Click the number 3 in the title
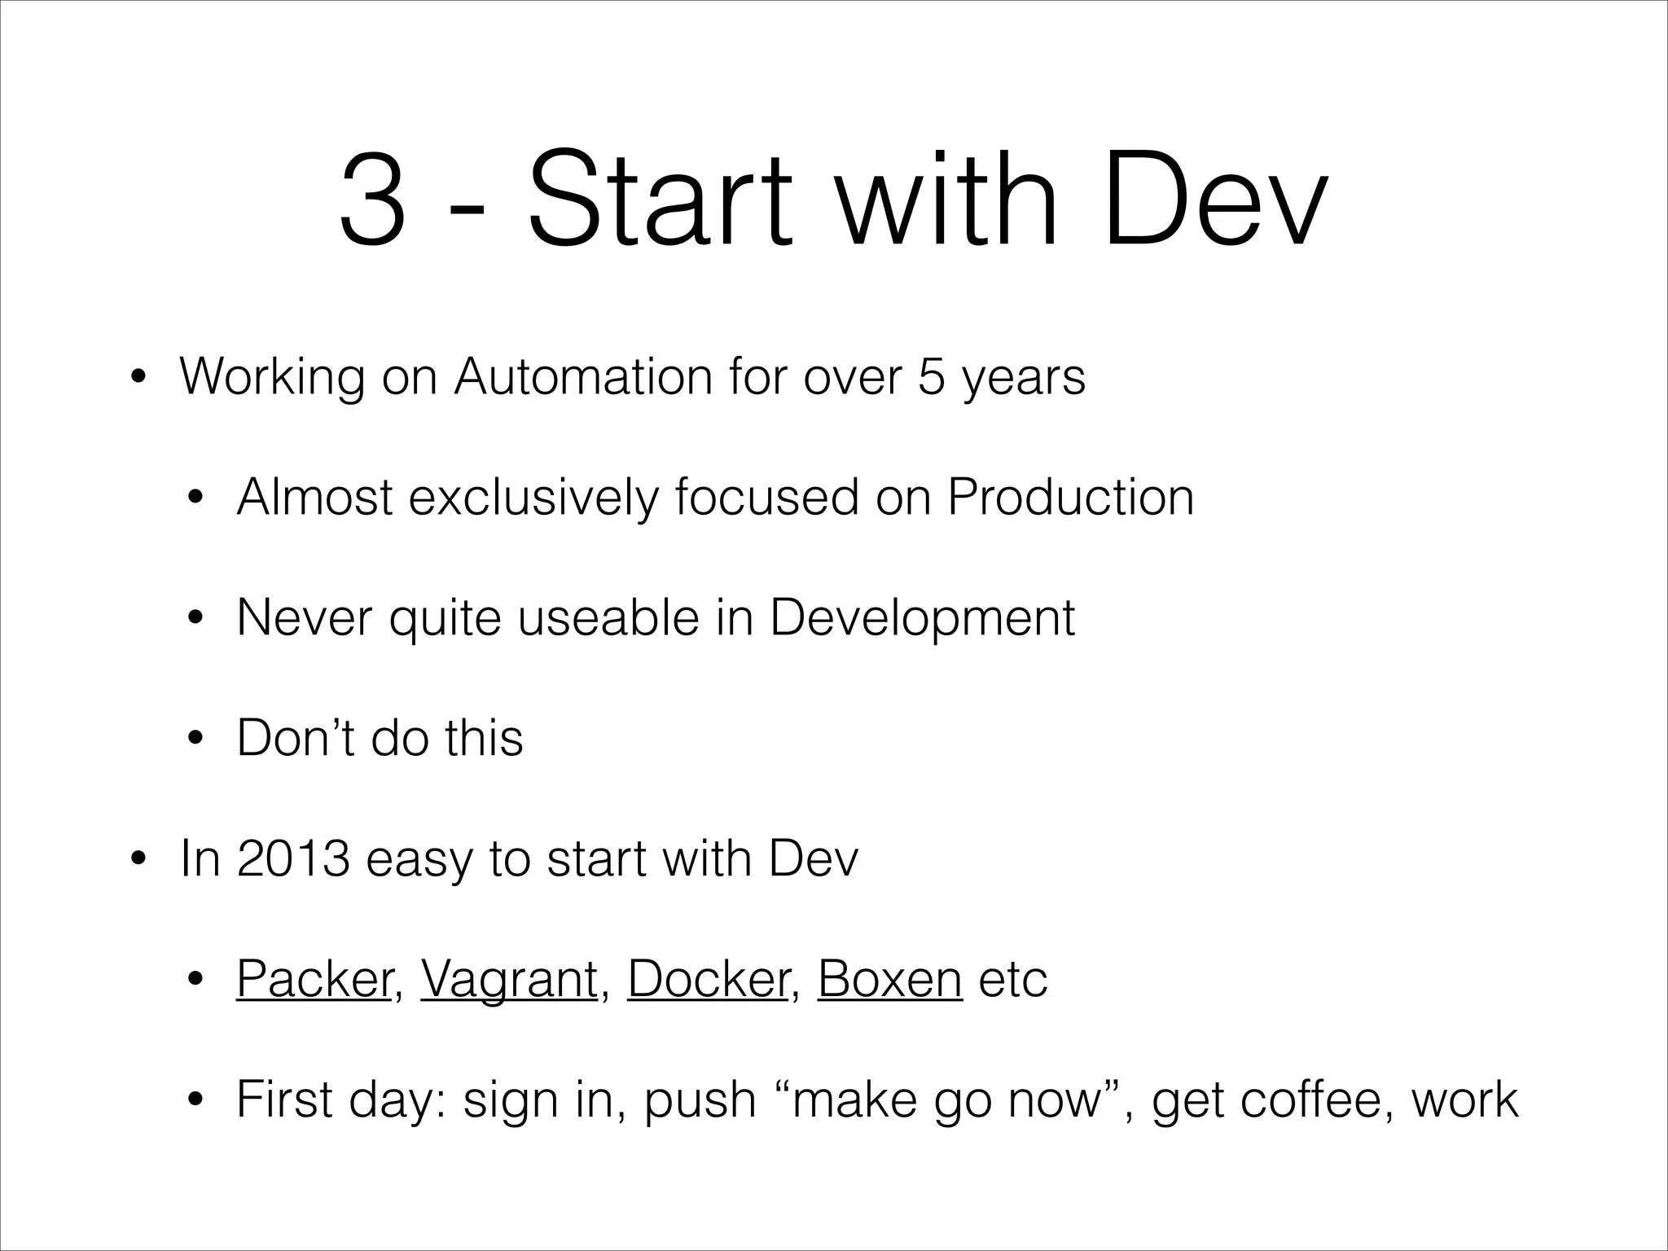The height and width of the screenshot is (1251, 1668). click(x=373, y=199)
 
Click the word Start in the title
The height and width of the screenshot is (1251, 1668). click(x=660, y=199)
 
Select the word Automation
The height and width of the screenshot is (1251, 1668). click(x=583, y=377)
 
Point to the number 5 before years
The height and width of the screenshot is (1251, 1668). click(x=931, y=377)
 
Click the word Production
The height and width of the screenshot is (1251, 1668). click(x=1070, y=497)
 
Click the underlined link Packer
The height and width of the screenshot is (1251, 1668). click(x=314, y=979)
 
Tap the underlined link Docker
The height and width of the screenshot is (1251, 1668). click(x=708, y=979)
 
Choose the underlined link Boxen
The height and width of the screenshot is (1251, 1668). click(x=889, y=979)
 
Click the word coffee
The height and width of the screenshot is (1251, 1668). click(x=1310, y=1100)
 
